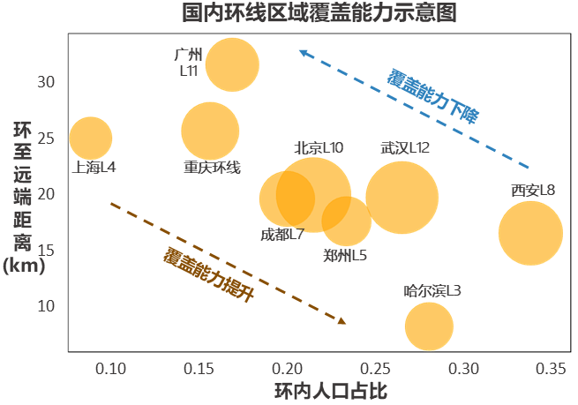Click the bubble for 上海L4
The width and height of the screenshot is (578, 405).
coord(90,138)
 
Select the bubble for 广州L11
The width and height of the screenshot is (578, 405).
coord(232,64)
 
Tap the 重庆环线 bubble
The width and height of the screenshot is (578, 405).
coord(210,131)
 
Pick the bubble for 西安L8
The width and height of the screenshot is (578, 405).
coord(530,233)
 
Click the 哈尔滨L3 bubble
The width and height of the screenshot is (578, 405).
coord(430,326)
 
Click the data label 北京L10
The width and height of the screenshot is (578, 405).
coord(319,148)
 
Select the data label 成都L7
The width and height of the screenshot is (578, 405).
coord(282,235)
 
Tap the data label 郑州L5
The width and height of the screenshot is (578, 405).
coord(345,256)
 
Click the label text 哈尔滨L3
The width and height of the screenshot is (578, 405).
coord(432,290)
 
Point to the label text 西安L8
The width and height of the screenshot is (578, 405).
coord(533,191)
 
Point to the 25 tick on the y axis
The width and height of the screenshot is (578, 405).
coord(46,139)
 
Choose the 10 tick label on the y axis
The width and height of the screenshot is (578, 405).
coord(46,306)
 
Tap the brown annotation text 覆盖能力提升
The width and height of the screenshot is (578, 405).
coord(209,274)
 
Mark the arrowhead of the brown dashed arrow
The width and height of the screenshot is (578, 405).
coord(343,322)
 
